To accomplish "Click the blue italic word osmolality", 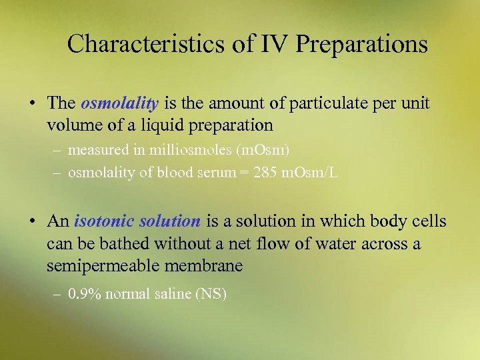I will pyautogui.click(x=119, y=103).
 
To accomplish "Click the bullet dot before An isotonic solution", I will pyautogui.click(x=31, y=221).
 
